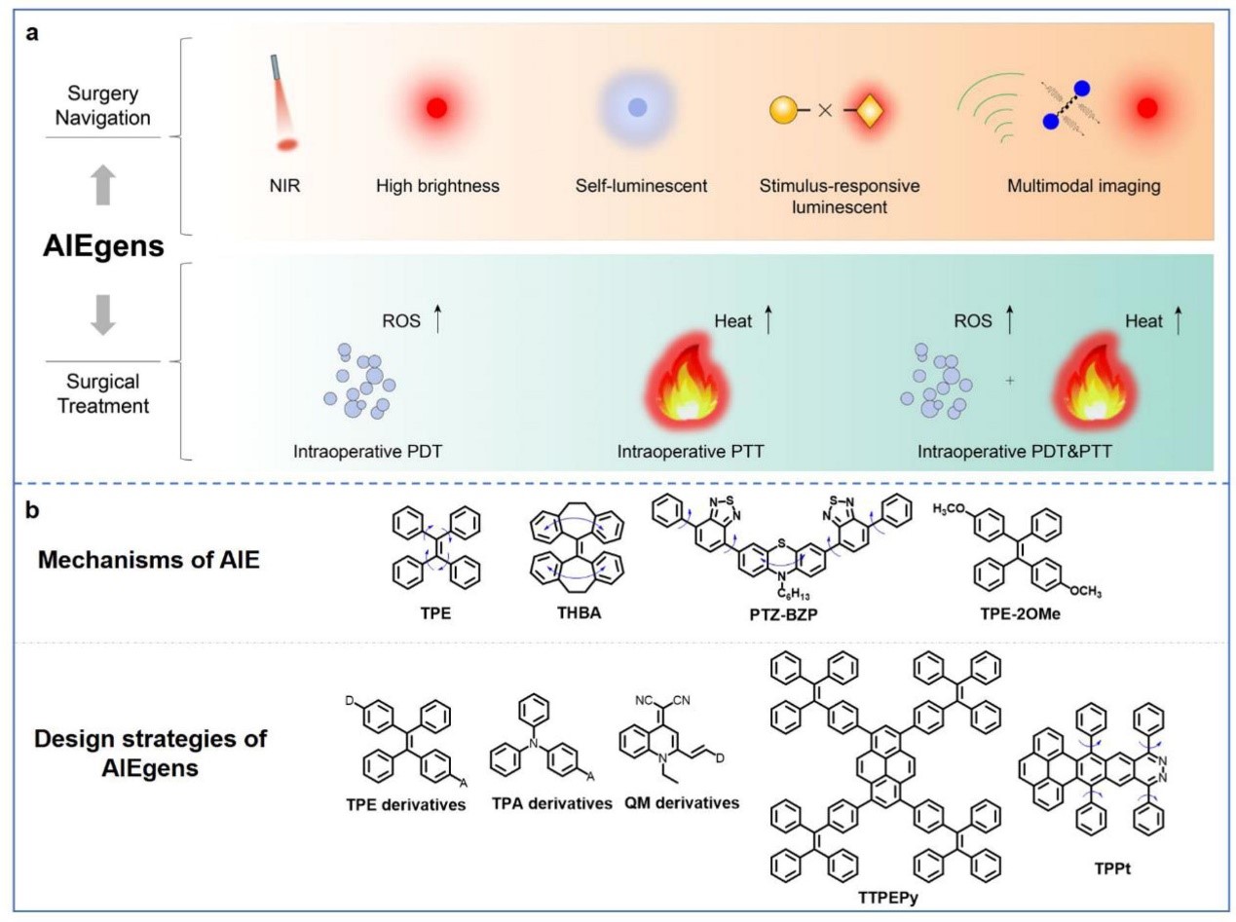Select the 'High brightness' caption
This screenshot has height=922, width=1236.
pos(437,185)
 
